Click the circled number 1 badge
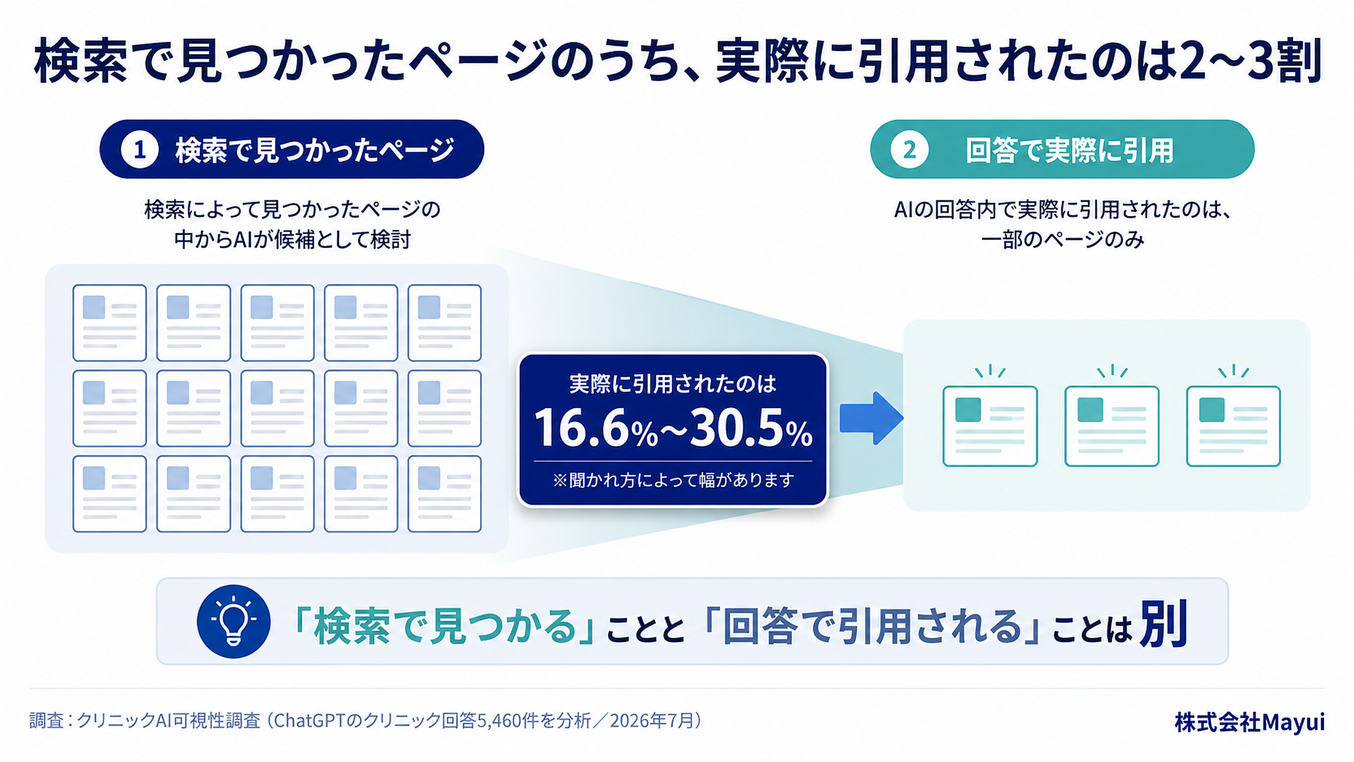coord(139,150)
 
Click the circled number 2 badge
coord(909,150)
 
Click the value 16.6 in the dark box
coord(581,428)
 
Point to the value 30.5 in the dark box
coord(736,428)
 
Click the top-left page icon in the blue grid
coord(109,323)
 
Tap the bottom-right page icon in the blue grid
coord(444,494)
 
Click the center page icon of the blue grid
coord(277,408)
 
